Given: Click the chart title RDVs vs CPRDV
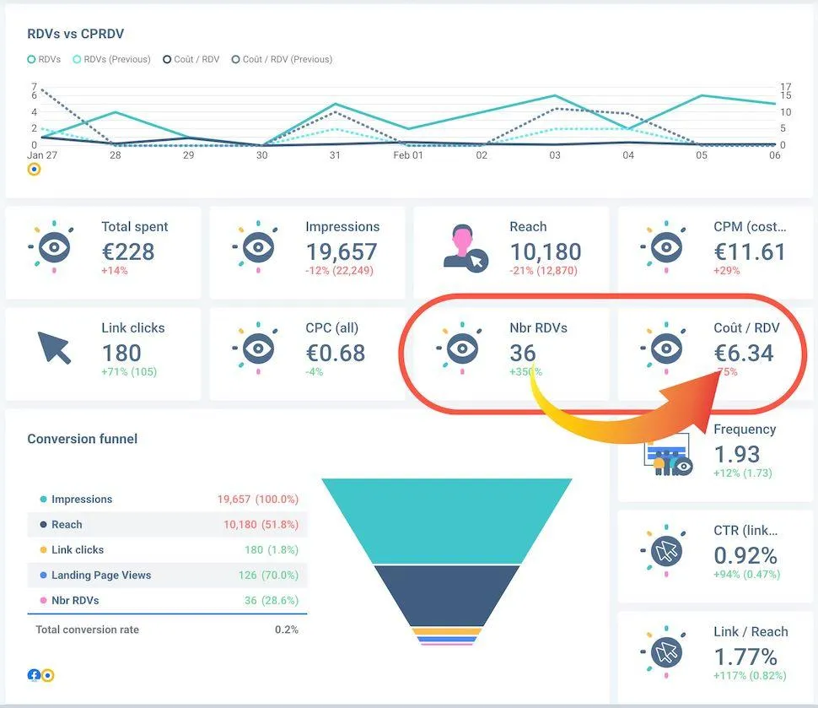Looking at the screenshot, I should pyautogui.click(x=76, y=34).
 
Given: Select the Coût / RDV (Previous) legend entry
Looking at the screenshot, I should pyautogui.click(x=287, y=59).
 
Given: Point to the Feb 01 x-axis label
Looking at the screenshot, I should pyautogui.click(x=409, y=156).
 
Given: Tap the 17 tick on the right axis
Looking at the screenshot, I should pyautogui.click(x=785, y=87).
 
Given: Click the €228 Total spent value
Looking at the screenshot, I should pyautogui.click(x=128, y=251).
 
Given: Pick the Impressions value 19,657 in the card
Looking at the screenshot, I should pyautogui.click(x=341, y=251).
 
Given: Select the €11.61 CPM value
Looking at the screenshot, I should pyautogui.click(x=749, y=251).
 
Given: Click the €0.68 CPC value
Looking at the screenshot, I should pyautogui.click(x=336, y=353).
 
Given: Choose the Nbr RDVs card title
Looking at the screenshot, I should pyautogui.click(x=538, y=327).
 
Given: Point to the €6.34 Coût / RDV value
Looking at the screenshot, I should pyautogui.click(x=744, y=353).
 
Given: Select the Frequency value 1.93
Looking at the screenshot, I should pyautogui.click(x=737, y=454).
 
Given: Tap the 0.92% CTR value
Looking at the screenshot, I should pyautogui.click(x=745, y=555).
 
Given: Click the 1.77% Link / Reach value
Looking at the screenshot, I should pyautogui.click(x=745, y=657).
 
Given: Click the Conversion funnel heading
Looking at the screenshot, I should pyautogui.click(x=82, y=439).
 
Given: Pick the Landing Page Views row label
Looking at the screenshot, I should pyautogui.click(x=101, y=575).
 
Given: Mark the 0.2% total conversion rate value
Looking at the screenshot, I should pyautogui.click(x=287, y=630).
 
